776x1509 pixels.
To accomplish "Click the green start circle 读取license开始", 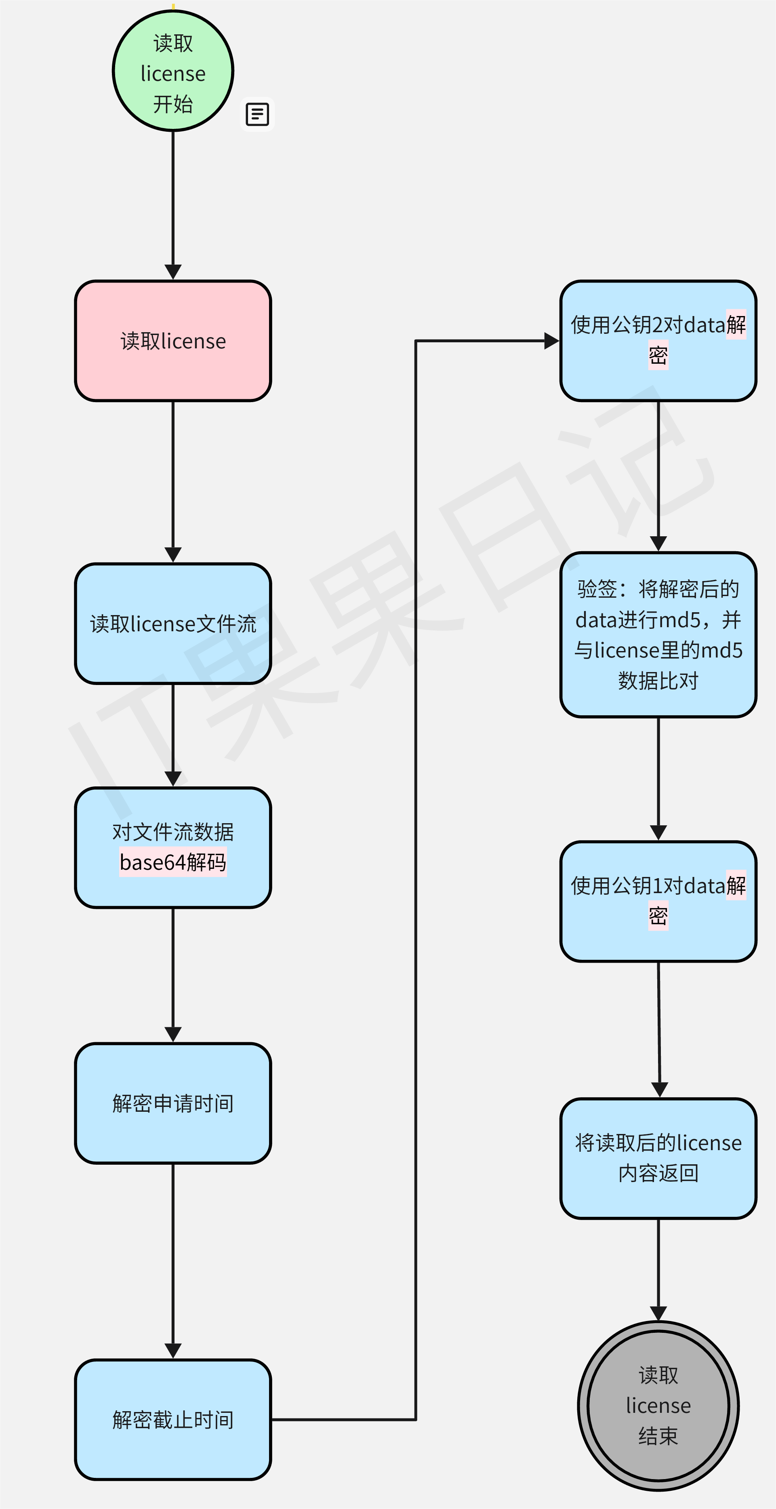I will (x=173, y=71).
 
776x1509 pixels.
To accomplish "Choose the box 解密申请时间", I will (x=173, y=1103).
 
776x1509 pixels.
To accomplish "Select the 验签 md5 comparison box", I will (x=658, y=634).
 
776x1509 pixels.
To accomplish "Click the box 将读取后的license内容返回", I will (x=658, y=1158).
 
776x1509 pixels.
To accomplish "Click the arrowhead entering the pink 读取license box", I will (x=173, y=272).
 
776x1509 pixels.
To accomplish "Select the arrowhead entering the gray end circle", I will (x=658, y=1314).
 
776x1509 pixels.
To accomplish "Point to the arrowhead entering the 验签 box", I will (x=658, y=544).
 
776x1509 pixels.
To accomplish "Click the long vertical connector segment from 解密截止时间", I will (x=416, y=879).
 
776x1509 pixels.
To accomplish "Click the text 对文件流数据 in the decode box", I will (x=173, y=832).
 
